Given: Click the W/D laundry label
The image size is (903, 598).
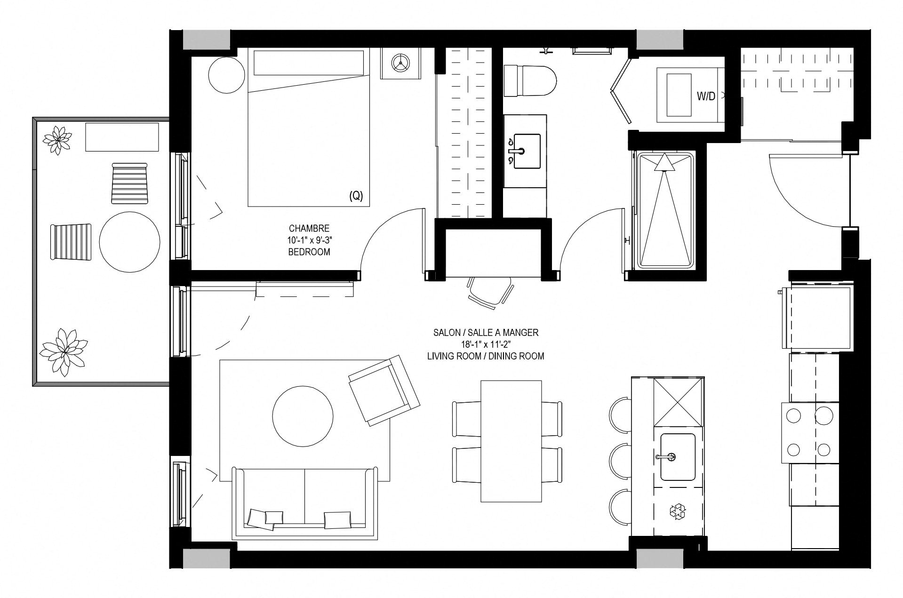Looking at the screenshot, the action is pyautogui.click(x=706, y=96).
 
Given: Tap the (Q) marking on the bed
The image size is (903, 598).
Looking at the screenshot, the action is pyautogui.click(x=356, y=196).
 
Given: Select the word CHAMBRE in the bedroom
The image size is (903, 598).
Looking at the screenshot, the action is pyautogui.click(x=309, y=228).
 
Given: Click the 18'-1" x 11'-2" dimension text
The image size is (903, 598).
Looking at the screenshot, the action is pyautogui.click(x=486, y=344).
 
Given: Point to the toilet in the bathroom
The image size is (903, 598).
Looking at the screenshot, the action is pyautogui.click(x=530, y=81).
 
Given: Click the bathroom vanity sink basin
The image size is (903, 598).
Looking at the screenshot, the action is pyautogui.click(x=527, y=151).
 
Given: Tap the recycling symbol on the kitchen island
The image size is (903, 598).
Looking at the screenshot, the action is pyautogui.click(x=678, y=511).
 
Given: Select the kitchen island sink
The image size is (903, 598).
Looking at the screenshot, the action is pyautogui.click(x=678, y=457).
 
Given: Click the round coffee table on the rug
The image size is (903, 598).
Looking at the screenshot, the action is pyautogui.click(x=303, y=416).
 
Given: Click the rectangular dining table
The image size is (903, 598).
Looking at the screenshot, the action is pyautogui.click(x=511, y=441).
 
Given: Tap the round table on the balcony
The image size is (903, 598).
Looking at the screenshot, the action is pyautogui.click(x=129, y=242).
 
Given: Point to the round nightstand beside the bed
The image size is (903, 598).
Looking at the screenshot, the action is pyautogui.click(x=227, y=75).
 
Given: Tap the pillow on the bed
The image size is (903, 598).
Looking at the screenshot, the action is pyautogui.click(x=309, y=63).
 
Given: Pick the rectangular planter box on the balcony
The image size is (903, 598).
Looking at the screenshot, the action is pyautogui.click(x=122, y=137).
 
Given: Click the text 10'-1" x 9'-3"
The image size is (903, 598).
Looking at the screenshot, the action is pyautogui.click(x=309, y=240).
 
